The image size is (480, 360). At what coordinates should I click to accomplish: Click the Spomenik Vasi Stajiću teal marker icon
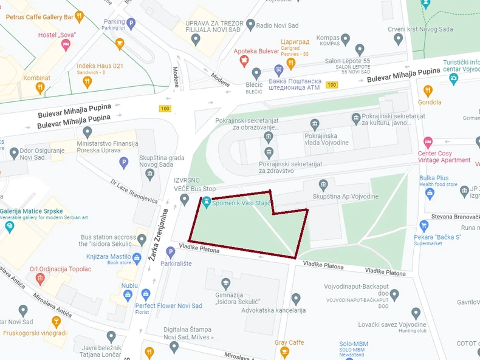pyautogui.click(x=207, y=203)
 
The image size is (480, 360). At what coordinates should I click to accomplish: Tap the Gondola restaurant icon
pyautogui.click(x=428, y=91)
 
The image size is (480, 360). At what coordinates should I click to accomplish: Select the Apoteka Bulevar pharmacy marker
pyautogui.click(x=244, y=61)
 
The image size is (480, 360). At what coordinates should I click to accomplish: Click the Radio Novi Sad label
pyautogui.click(x=276, y=25)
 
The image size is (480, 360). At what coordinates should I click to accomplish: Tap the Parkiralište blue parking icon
pyautogui.click(x=170, y=252)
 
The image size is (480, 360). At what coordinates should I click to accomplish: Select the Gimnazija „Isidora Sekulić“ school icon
pyautogui.click(x=226, y=284)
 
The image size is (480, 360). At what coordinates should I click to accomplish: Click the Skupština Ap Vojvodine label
pyautogui.click(x=345, y=197)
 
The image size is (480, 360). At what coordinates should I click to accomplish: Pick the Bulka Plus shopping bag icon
pyautogui.click(x=430, y=194)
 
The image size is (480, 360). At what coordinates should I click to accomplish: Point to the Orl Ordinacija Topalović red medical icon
pyautogui.click(x=40, y=279)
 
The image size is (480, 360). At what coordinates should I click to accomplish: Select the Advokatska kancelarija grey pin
pyautogui.click(x=296, y=299)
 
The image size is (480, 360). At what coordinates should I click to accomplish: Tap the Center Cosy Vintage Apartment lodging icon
pyautogui.click(x=428, y=142)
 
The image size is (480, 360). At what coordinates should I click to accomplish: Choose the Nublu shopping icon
pyautogui.click(x=128, y=295)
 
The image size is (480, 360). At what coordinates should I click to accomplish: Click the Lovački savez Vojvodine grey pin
pyautogui.click(x=416, y=313)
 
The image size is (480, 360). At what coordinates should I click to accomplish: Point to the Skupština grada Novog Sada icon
pyautogui.click(x=150, y=175)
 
